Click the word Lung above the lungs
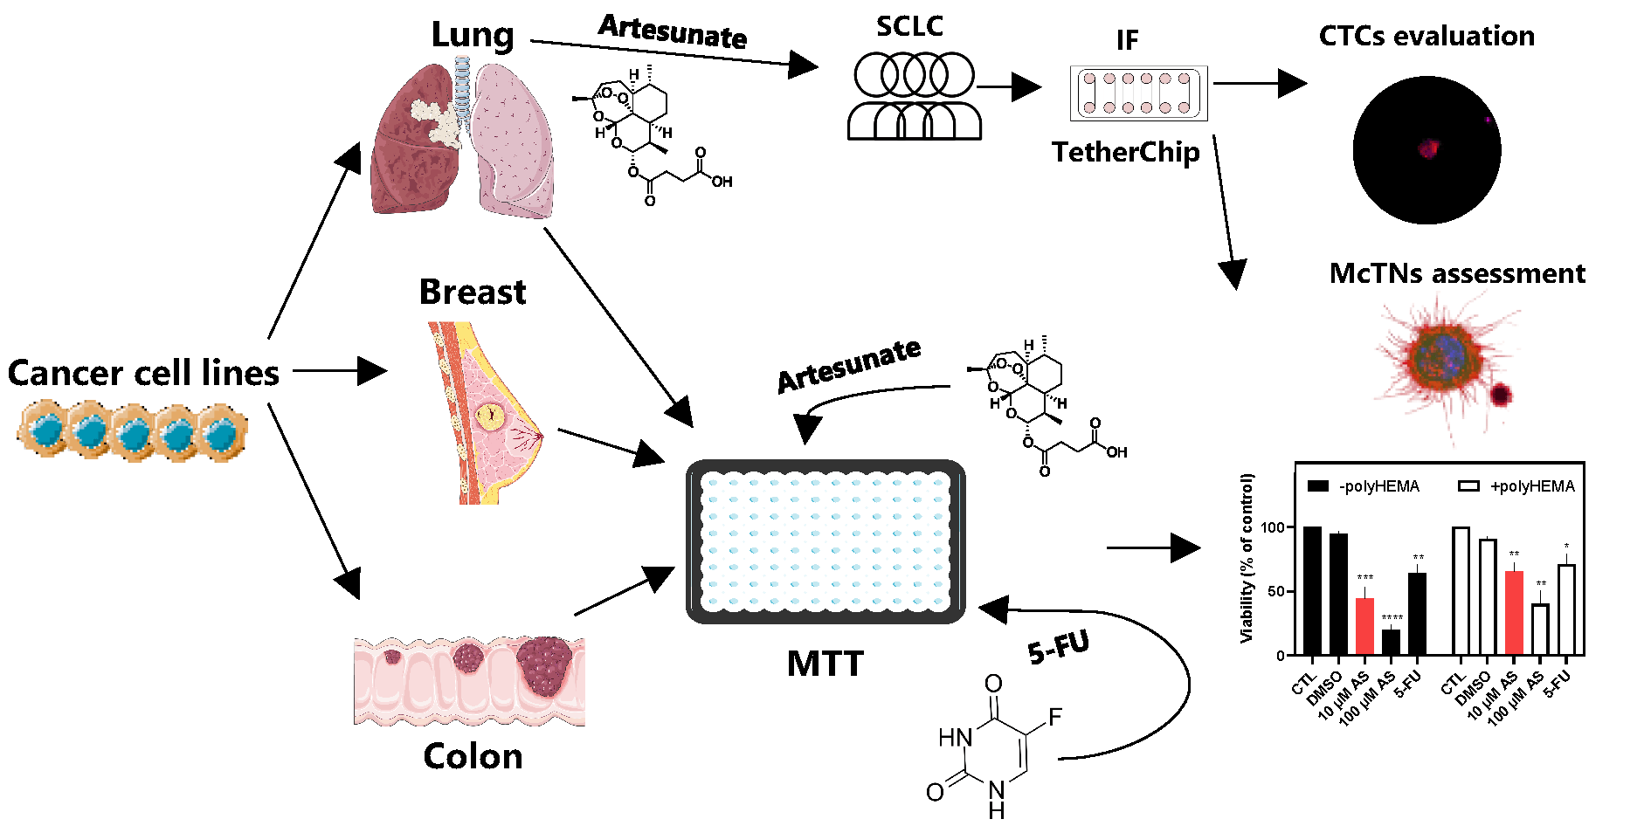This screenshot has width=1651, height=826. point(472,35)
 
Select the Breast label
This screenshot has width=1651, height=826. point(472,292)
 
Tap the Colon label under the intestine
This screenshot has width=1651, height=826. point(473,756)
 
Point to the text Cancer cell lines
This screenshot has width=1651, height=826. point(143,373)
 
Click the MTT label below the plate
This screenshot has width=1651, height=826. point(825,664)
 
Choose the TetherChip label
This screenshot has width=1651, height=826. point(1125,152)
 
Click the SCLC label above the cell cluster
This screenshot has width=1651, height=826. point(909,26)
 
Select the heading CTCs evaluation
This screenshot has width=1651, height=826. point(1426,36)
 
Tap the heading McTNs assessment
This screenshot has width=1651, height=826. point(1457,273)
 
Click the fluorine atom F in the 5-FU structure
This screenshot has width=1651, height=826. point(1054,718)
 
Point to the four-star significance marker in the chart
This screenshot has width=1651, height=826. point(1392,618)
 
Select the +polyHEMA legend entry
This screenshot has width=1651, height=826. point(1516,486)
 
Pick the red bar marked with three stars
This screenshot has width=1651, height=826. point(1364,625)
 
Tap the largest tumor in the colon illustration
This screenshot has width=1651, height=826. point(545,665)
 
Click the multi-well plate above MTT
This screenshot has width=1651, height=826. point(825,541)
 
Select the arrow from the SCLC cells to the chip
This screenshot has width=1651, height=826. point(1008,86)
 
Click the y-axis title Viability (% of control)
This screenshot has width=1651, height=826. point(1247,558)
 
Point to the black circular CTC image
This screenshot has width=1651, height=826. point(1426,150)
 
